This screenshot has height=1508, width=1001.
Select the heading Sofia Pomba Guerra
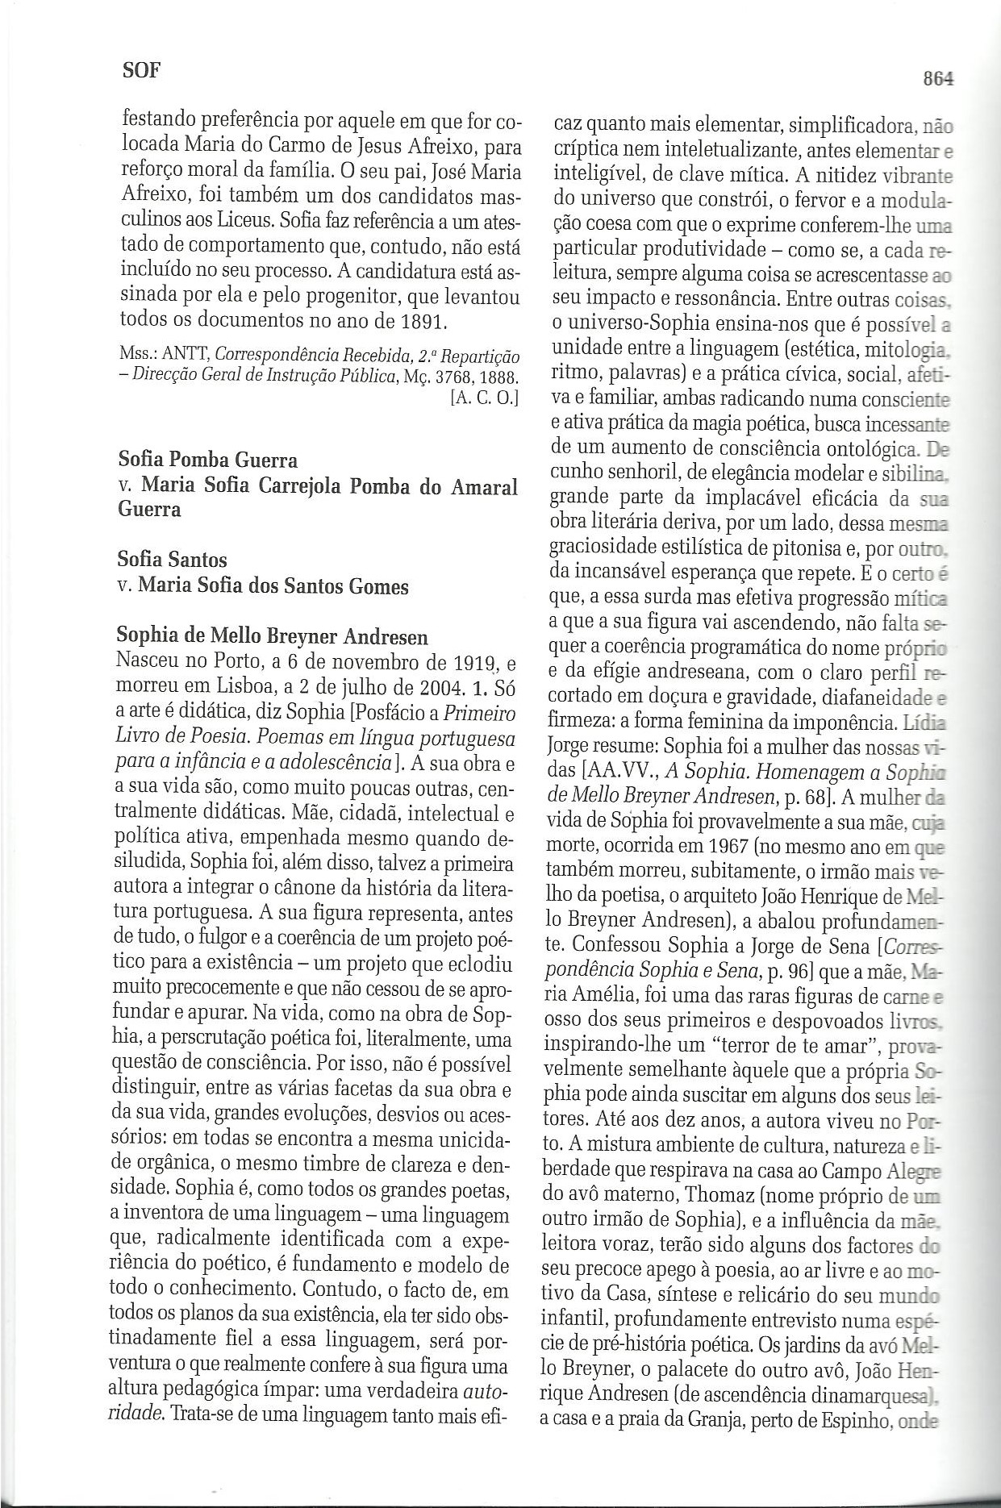pyautogui.click(x=207, y=460)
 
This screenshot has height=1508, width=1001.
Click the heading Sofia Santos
pyautogui.click(x=172, y=559)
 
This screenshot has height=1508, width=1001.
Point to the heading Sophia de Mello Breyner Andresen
pyautogui.click(x=273, y=637)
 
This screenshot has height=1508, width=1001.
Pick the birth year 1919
pyautogui.click(x=475, y=663)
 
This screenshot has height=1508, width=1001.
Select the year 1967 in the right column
pyautogui.click(x=709, y=849)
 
